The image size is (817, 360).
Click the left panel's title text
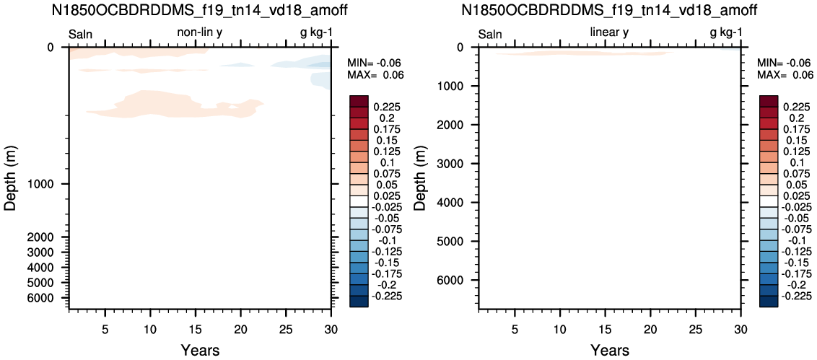(x=200, y=10)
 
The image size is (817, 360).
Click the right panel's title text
(x=609, y=10)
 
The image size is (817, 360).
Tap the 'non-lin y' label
(x=201, y=33)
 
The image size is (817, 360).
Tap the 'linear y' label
(x=609, y=33)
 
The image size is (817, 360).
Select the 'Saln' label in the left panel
(x=81, y=35)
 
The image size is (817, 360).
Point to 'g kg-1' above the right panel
(x=726, y=34)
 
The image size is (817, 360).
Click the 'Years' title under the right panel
(x=609, y=349)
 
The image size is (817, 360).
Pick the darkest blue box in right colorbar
(x=769, y=302)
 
